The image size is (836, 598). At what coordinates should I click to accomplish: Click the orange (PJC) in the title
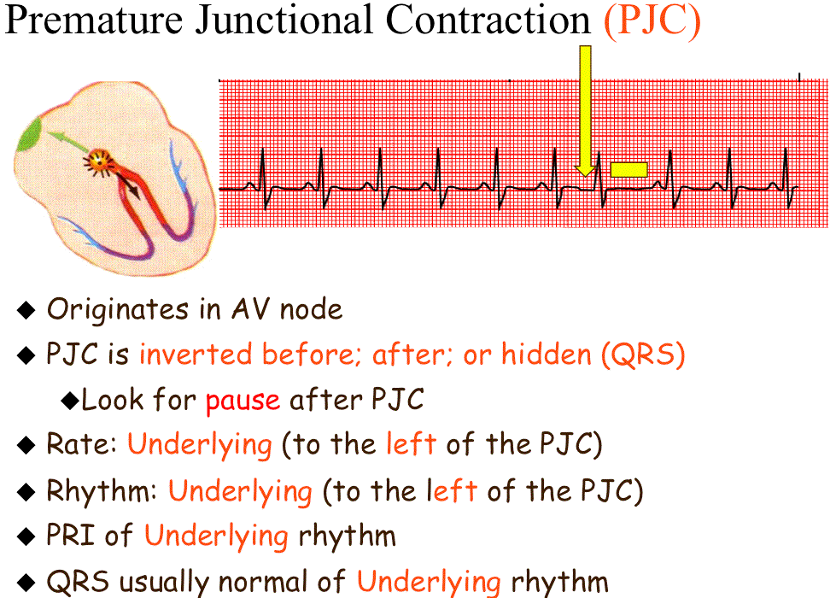[x=652, y=22]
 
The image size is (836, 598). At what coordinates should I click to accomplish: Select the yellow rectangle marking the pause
[x=628, y=170]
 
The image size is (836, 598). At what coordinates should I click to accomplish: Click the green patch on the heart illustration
[x=30, y=136]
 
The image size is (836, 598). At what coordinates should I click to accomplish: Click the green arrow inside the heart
[x=67, y=141]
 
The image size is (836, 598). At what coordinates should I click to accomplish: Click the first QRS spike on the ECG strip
[x=263, y=179]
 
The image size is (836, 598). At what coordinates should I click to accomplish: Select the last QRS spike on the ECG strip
[x=786, y=179]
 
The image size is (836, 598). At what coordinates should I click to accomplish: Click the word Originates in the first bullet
[x=118, y=310]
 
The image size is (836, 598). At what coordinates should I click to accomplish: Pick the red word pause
[x=243, y=401]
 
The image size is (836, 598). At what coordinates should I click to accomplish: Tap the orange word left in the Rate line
[x=411, y=444]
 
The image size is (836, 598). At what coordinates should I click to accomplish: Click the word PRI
[x=72, y=535]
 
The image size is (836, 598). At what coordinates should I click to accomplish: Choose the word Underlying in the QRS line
[x=429, y=583]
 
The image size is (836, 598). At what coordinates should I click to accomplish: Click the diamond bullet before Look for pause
[x=70, y=400]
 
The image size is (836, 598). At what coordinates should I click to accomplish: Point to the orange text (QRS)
[x=643, y=355]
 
